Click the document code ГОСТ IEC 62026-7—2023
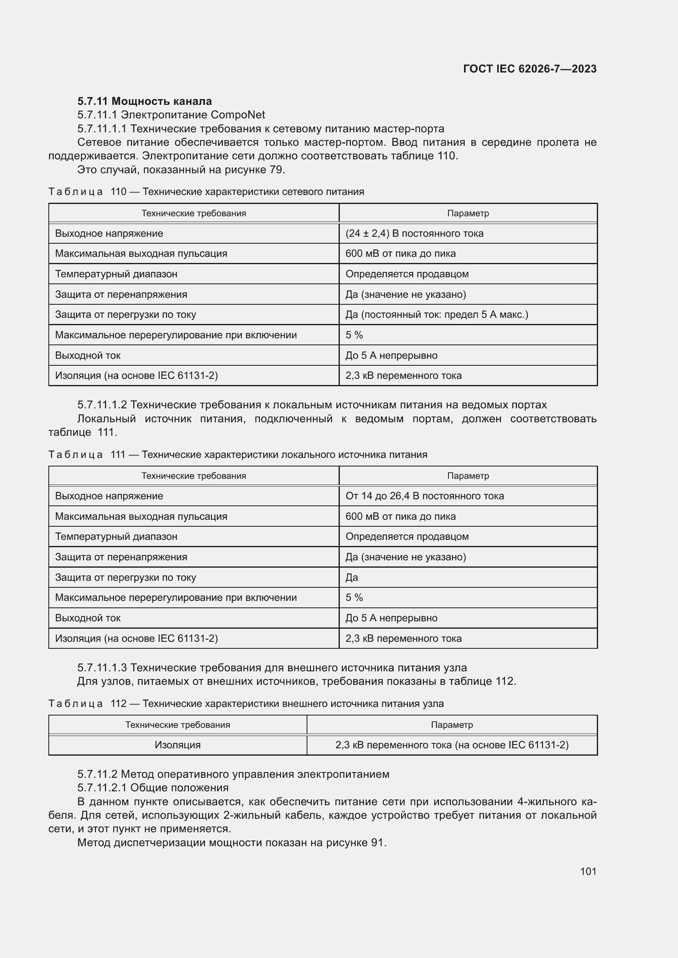coord(529,69)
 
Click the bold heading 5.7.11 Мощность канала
coord(144,101)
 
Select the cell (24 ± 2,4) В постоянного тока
coord(414,233)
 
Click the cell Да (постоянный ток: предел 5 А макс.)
coord(436,315)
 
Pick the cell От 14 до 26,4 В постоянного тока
coord(424,496)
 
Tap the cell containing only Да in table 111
coord(352,578)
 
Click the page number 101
coord(588,871)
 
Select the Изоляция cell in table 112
coord(177,745)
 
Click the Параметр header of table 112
coord(452,725)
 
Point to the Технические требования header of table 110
coord(194,213)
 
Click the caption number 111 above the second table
coord(118,454)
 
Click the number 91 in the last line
coord(378,842)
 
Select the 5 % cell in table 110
coord(354,335)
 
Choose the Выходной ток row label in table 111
coord(88,618)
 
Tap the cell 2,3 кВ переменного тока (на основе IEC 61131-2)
coord(452,745)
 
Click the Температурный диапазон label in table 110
coord(116,274)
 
